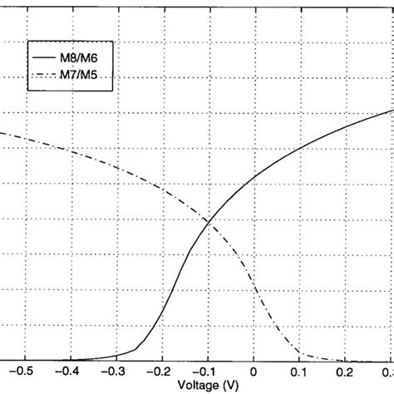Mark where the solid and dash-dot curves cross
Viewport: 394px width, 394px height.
(x=209, y=220)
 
